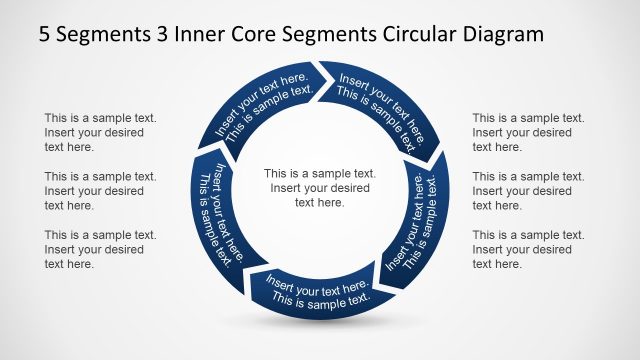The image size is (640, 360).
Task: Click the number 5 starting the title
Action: tap(45, 34)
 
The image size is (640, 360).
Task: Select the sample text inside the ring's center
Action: tap(319, 187)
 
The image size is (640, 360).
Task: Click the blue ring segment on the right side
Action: tap(415, 225)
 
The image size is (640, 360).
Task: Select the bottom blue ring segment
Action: tap(318, 291)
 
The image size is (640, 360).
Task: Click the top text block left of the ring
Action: tap(100, 132)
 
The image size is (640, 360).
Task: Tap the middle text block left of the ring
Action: tap(100, 190)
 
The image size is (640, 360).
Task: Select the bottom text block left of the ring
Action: tap(100, 249)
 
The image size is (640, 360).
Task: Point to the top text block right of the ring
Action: tap(528, 132)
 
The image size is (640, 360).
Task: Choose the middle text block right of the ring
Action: tap(528, 190)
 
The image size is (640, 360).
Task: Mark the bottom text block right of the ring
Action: tap(528, 249)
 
